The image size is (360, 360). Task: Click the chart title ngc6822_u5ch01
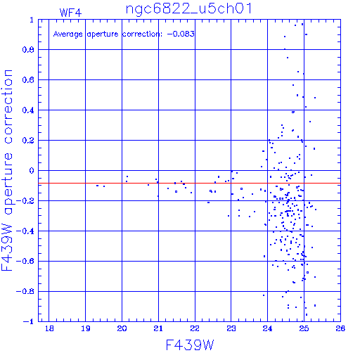(x=189, y=9)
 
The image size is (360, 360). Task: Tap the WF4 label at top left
(x=70, y=13)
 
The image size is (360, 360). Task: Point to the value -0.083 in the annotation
(x=181, y=34)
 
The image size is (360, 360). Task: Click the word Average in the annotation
(x=68, y=34)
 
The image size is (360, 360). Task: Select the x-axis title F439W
(x=190, y=345)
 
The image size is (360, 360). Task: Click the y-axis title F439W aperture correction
(x=7, y=170)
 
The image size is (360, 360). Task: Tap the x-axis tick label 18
(x=49, y=328)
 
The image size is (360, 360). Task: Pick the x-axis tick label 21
(x=158, y=328)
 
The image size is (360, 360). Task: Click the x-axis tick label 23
(x=231, y=328)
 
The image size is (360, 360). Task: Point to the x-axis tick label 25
(x=304, y=328)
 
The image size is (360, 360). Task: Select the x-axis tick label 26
(x=340, y=328)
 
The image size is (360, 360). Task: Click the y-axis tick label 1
(x=32, y=20)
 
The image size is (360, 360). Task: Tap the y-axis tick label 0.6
(x=28, y=80)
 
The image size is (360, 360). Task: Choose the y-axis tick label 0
(x=32, y=171)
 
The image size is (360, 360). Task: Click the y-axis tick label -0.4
(x=25, y=231)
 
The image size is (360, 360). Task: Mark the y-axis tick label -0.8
(x=25, y=291)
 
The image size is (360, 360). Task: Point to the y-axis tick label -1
(x=29, y=321)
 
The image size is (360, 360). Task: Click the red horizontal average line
(x=189, y=183)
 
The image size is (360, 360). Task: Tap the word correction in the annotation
(x=142, y=34)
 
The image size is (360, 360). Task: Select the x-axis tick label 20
(x=122, y=328)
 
